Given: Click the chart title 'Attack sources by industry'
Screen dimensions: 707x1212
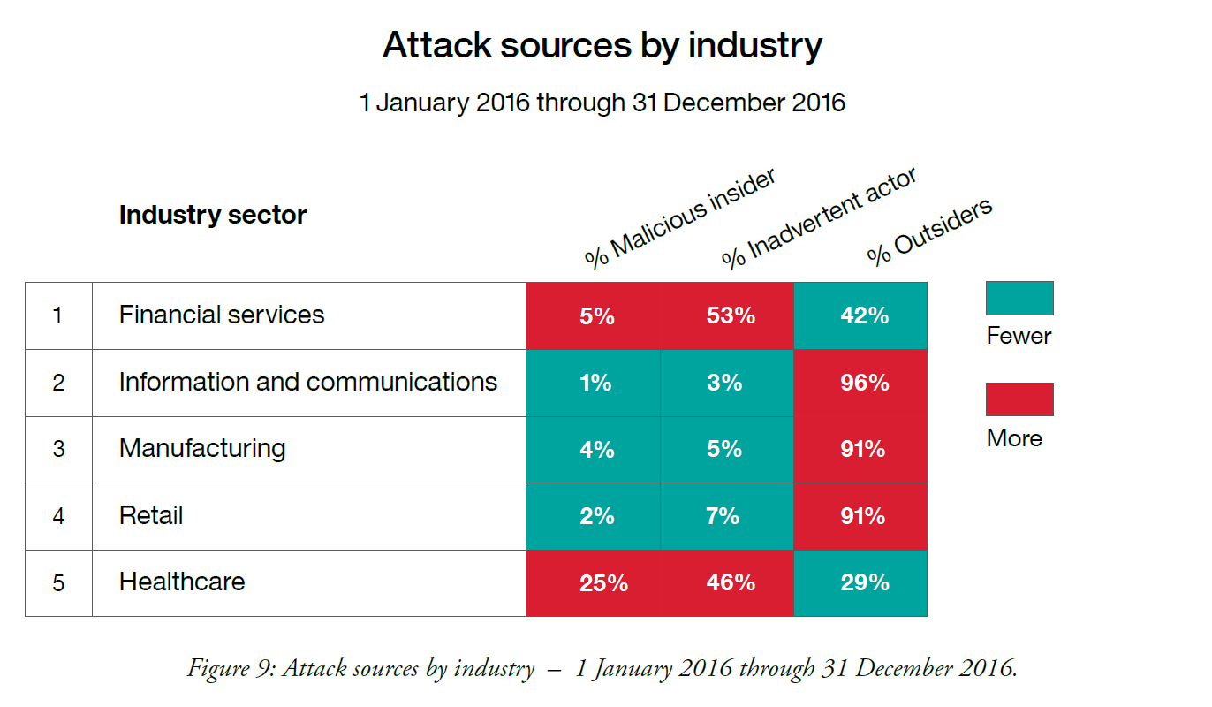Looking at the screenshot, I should [602, 45].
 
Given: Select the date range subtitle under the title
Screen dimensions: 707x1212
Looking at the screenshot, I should [602, 103].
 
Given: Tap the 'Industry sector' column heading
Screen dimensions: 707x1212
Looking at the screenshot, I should [213, 215].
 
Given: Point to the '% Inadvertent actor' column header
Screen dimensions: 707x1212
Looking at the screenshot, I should [818, 217].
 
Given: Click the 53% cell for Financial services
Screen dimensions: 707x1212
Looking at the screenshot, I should [731, 315].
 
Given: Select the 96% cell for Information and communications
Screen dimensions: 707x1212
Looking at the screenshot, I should [864, 383].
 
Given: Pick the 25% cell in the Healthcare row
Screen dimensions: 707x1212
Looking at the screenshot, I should [603, 583].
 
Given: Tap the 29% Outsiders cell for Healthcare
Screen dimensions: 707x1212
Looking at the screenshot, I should [864, 583].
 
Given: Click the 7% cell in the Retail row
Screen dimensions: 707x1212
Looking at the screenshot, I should [723, 516].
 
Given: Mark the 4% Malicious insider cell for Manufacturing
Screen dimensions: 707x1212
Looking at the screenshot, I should [596, 449].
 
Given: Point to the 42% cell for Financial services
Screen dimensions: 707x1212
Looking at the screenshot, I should [864, 315].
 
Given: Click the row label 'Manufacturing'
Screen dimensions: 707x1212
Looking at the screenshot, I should [202, 448].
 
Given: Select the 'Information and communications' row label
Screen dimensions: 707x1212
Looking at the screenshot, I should [308, 382].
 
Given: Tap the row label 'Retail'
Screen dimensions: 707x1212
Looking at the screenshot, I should [151, 515].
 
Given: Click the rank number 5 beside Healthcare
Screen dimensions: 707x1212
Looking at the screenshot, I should [58, 583].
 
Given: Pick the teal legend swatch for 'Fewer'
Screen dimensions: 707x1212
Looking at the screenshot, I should [1019, 298].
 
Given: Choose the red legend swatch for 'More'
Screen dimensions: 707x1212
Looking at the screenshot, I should [1019, 399].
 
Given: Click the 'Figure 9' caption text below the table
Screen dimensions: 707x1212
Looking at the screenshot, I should [602, 668].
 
